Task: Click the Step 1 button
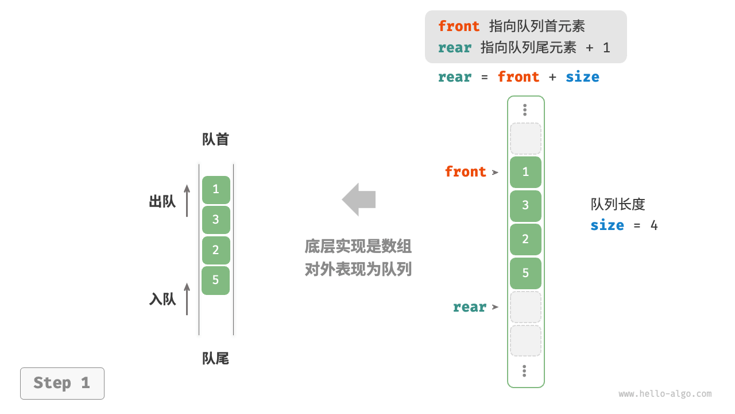[x=62, y=383]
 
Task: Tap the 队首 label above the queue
[x=215, y=140]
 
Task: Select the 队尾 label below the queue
[x=215, y=359]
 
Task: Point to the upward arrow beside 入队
[x=187, y=298]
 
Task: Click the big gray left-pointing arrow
[x=359, y=200]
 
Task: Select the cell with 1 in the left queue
[x=216, y=190]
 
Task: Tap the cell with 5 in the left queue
[x=216, y=281]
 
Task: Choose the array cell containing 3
[x=525, y=206]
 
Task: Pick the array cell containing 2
[x=525, y=239]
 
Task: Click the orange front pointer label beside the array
[x=465, y=172]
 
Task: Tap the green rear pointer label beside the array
[x=469, y=307]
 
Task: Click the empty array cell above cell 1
[x=525, y=139]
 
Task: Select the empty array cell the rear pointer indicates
[x=525, y=307]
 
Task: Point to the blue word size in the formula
[x=582, y=77]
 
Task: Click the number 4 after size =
[x=653, y=225]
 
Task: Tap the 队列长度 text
[x=618, y=205]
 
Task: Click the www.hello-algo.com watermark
[x=665, y=394]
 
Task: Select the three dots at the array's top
[x=525, y=110]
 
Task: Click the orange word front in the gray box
[x=459, y=26]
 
